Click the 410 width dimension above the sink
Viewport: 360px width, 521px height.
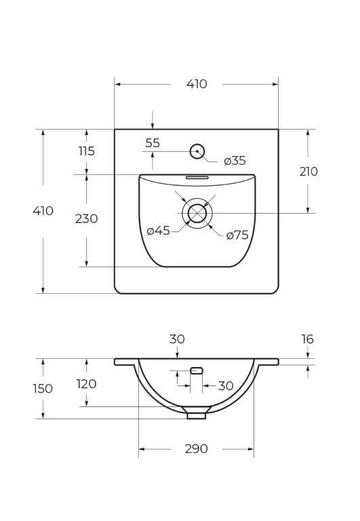coord(196,84)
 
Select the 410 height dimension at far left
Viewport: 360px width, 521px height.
coord(43,211)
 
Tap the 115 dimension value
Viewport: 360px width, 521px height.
coord(86,151)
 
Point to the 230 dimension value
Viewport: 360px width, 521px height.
coord(86,218)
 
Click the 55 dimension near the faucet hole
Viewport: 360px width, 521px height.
coord(153,143)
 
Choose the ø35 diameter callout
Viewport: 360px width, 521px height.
coord(235,161)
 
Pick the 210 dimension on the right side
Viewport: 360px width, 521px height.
coord(308,172)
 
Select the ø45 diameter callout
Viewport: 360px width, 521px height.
coord(158,231)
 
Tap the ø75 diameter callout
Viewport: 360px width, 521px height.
coord(237,235)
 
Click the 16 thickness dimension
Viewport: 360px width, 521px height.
coord(308,339)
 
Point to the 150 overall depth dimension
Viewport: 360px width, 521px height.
coord(43,389)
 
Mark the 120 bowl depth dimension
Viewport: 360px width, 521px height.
coord(86,384)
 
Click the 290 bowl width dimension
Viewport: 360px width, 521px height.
coord(196,449)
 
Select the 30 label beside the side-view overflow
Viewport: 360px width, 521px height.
coord(226,386)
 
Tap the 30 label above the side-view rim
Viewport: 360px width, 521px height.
coord(177,339)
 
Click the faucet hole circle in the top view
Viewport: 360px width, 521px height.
coord(197,151)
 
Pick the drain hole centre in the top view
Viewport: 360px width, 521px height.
coord(197,213)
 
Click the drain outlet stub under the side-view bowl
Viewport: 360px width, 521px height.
coord(197,413)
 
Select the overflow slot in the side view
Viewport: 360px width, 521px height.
coord(197,370)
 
